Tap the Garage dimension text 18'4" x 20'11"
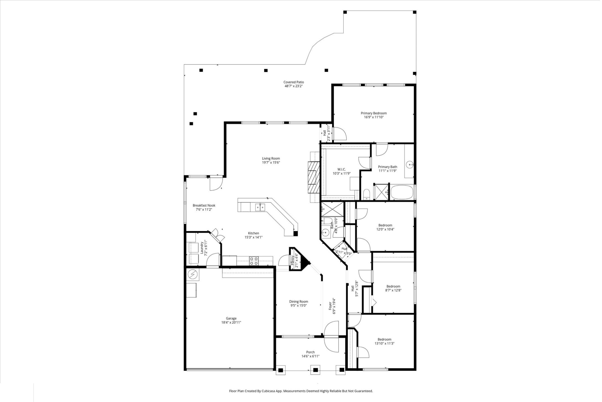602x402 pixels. [x=232, y=323]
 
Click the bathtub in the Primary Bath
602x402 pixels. [x=402, y=192]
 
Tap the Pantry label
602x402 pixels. [x=293, y=260]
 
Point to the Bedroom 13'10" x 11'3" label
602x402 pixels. [x=385, y=339]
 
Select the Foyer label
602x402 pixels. [x=331, y=304]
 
